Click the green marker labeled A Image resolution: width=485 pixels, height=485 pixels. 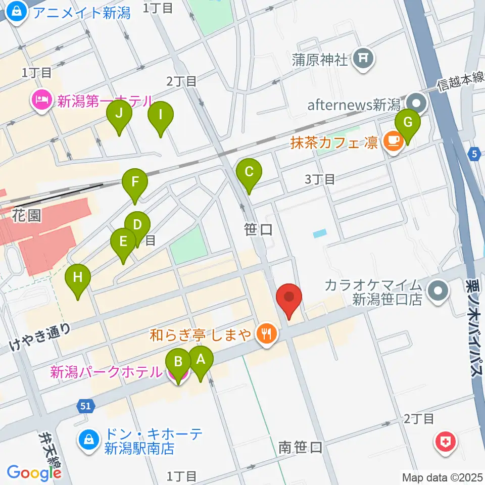coord(201,361)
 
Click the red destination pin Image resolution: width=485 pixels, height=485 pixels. coord(289,298)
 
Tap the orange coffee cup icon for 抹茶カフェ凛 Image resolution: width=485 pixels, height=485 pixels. coord(393,140)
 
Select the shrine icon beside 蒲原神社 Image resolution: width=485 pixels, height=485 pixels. coord(363,59)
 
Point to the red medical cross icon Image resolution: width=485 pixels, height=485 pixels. coord(447,444)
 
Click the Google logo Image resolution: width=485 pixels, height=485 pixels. coord(34,472)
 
